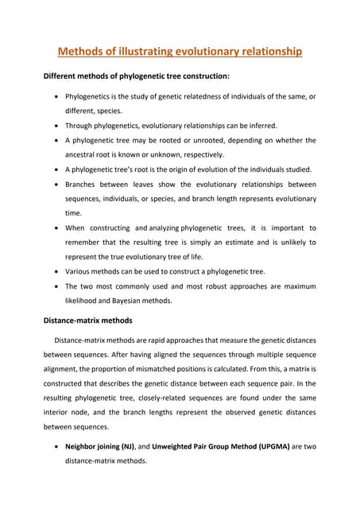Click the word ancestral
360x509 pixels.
pyautogui.click(x=84, y=154)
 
